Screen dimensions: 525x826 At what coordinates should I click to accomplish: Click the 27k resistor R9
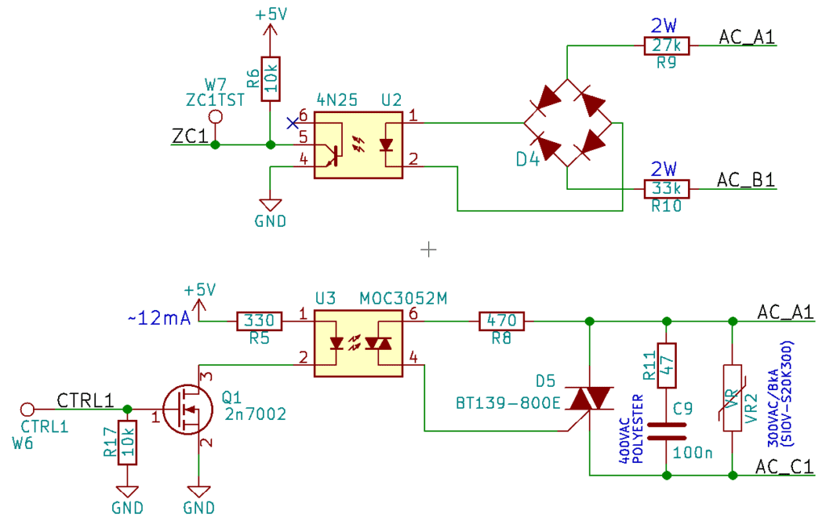pyautogui.click(x=667, y=46)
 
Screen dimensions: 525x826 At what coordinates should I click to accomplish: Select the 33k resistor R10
pyautogui.click(x=667, y=189)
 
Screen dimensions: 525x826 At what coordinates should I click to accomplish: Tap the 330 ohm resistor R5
pyautogui.click(x=260, y=321)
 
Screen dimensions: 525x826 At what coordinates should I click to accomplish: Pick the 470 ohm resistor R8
pyautogui.click(x=502, y=321)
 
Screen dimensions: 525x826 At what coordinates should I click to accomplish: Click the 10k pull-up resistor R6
pyautogui.click(x=270, y=79)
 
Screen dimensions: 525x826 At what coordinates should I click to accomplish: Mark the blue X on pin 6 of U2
pyautogui.click(x=291, y=124)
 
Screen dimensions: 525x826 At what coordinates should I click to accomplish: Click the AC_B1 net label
pyautogui.click(x=746, y=180)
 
